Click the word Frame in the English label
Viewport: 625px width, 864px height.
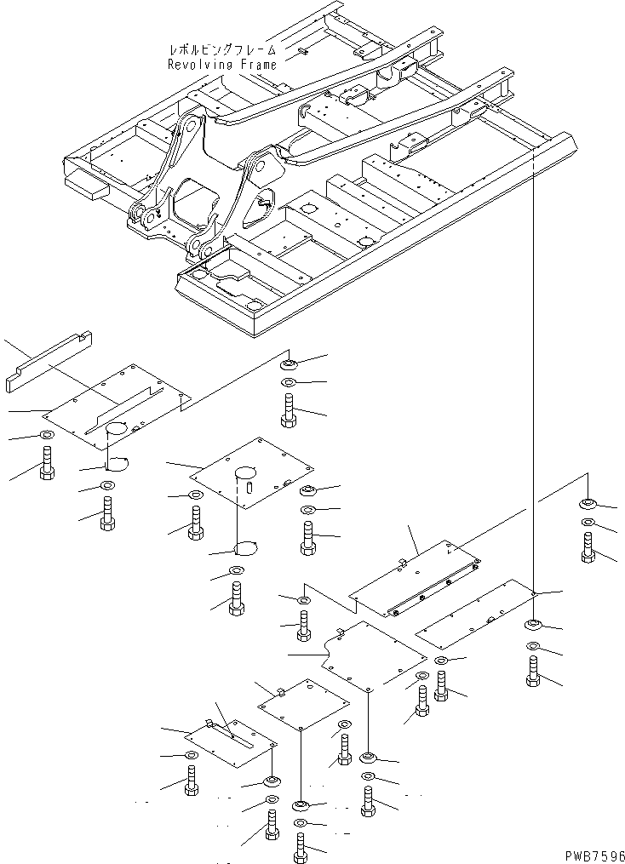pyautogui.click(x=256, y=64)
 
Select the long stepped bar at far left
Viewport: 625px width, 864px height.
pyautogui.click(x=52, y=362)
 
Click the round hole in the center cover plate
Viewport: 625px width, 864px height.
pyautogui.click(x=246, y=471)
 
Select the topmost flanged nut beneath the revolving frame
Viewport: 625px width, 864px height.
pyautogui.click(x=289, y=364)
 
